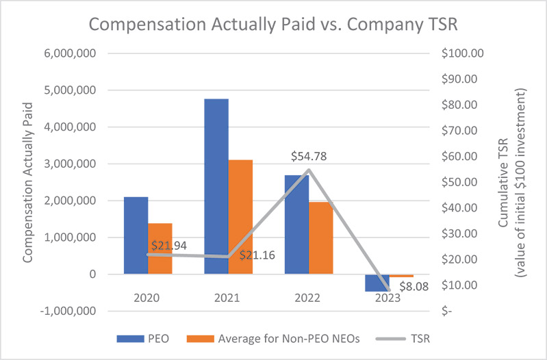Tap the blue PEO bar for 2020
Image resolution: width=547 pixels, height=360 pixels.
click(x=136, y=235)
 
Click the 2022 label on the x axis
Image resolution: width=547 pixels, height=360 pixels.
click(x=309, y=299)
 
